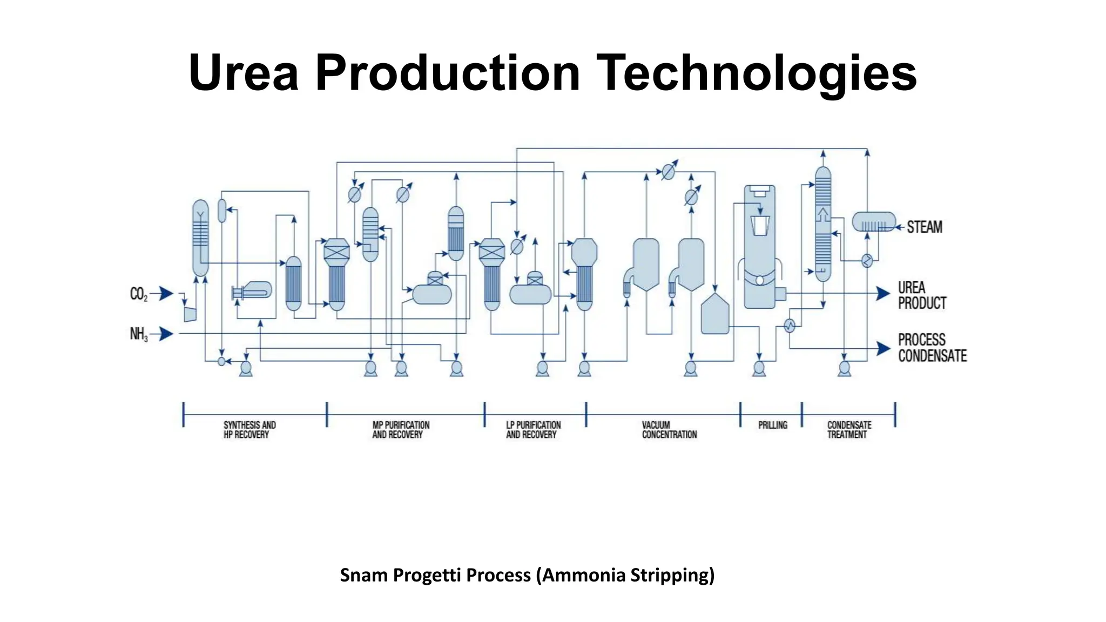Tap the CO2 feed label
click(138, 294)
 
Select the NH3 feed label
click(138, 334)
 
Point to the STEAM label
click(925, 227)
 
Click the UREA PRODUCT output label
click(922, 295)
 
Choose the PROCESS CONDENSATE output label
click(932, 348)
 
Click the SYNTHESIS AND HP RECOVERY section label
click(249, 430)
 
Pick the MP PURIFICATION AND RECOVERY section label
click(401, 430)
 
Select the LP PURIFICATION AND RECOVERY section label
click(533, 430)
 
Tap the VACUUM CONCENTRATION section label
click(669, 430)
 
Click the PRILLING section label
click(772, 425)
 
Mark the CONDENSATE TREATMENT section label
click(849, 430)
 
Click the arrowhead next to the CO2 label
click(166, 294)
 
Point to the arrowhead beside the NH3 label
click(166, 334)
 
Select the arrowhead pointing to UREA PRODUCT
click(883, 294)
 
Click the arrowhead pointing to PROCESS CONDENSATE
click(883, 349)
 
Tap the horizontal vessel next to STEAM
click(873, 222)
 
